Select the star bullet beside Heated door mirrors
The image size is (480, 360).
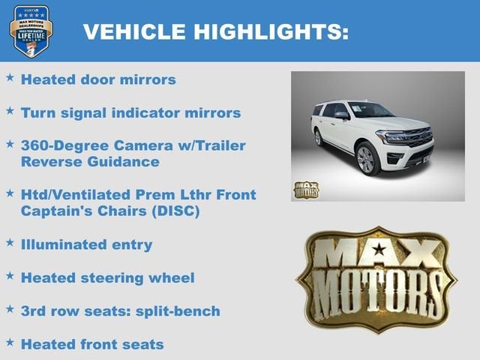click(10, 77)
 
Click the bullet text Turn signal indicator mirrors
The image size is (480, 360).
click(130, 112)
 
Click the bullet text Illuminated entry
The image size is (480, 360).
click(86, 244)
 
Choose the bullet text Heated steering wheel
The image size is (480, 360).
click(107, 277)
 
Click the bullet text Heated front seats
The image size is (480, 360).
click(91, 344)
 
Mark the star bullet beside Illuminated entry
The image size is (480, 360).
click(10, 243)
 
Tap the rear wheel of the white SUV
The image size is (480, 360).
click(319, 138)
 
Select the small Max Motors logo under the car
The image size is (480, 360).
click(305, 189)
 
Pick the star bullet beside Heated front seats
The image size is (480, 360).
click(10, 343)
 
